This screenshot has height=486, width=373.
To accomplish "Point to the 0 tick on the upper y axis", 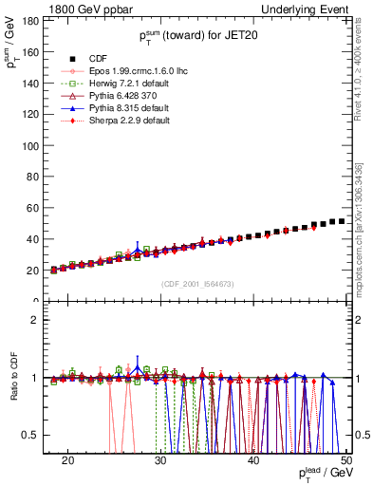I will point(39,302).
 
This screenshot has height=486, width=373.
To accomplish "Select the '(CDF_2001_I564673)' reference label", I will point(197,284).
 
